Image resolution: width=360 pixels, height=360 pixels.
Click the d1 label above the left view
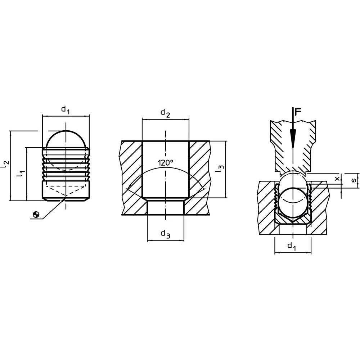tap(65, 109)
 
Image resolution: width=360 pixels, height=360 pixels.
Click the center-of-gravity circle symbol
tap(36, 215)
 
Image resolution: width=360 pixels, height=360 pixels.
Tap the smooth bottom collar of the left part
tap(66, 191)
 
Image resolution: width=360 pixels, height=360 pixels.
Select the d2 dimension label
tap(165, 113)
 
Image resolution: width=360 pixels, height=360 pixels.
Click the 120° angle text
tap(165, 163)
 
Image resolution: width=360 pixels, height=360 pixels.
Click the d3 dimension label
tap(165, 234)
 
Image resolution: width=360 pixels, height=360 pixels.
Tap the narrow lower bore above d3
tap(165, 208)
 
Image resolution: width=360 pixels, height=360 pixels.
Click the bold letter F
tap(297, 112)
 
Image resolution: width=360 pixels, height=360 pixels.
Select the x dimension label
tap(337, 178)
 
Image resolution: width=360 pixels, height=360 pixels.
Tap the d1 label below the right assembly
tap(292, 246)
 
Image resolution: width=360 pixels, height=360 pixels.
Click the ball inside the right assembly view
tap(292, 202)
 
